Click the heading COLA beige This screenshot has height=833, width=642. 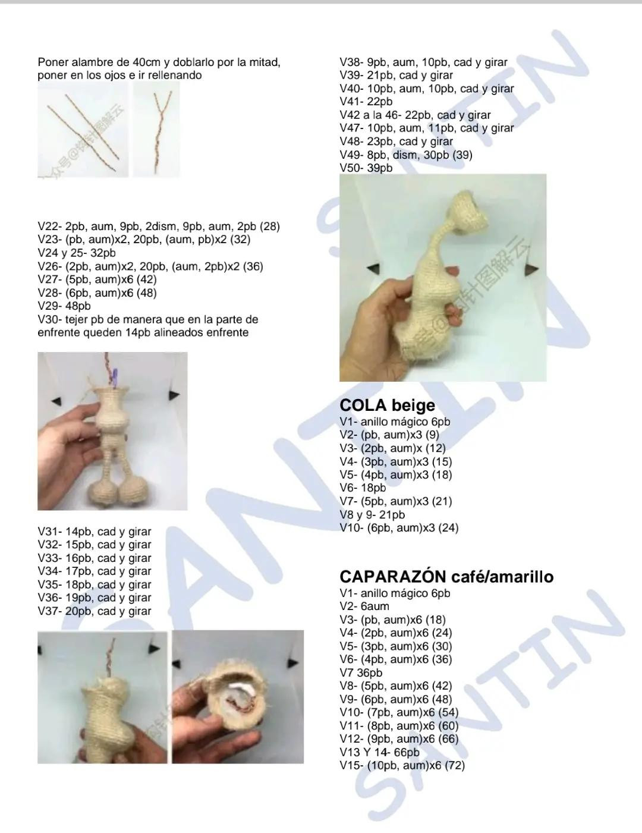pyautogui.click(x=387, y=406)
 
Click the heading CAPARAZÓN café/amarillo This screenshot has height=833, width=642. pyautogui.click(x=446, y=577)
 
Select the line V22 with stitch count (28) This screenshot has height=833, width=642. pyautogui.click(x=158, y=227)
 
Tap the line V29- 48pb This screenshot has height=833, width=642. pyautogui.click(x=64, y=306)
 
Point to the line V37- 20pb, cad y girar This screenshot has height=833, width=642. pyautogui.click(x=95, y=611)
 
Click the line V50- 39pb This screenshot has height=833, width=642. pyautogui.click(x=366, y=168)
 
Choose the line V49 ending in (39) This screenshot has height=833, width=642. pyautogui.click(x=406, y=155)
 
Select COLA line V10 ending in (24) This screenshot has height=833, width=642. pyautogui.click(x=399, y=528)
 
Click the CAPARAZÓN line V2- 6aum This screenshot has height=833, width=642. pyautogui.click(x=364, y=606)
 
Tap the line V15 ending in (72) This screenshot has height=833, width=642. pyautogui.click(x=402, y=766)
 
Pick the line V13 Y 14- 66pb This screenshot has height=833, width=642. pyautogui.click(x=379, y=752)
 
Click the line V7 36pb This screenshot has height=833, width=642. pyautogui.click(x=361, y=673)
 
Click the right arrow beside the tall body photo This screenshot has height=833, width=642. pyautogui.click(x=531, y=269)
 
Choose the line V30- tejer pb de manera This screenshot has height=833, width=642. pyautogui.click(x=147, y=320)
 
